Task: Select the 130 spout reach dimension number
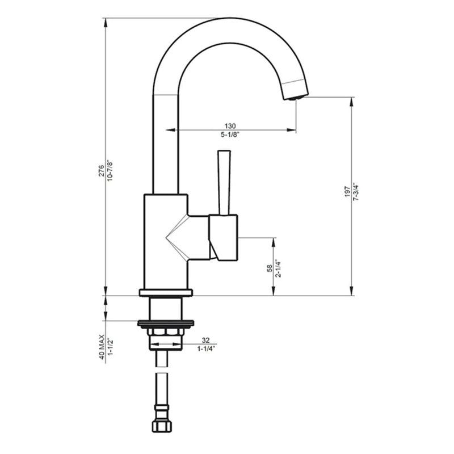click(230, 125)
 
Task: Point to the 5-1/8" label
click(230, 135)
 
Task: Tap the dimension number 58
click(270, 268)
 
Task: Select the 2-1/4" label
click(279, 268)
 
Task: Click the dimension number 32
click(205, 340)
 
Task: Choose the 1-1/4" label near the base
click(205, 350)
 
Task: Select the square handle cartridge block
click(224, 238)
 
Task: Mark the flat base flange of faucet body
click(165, 293)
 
